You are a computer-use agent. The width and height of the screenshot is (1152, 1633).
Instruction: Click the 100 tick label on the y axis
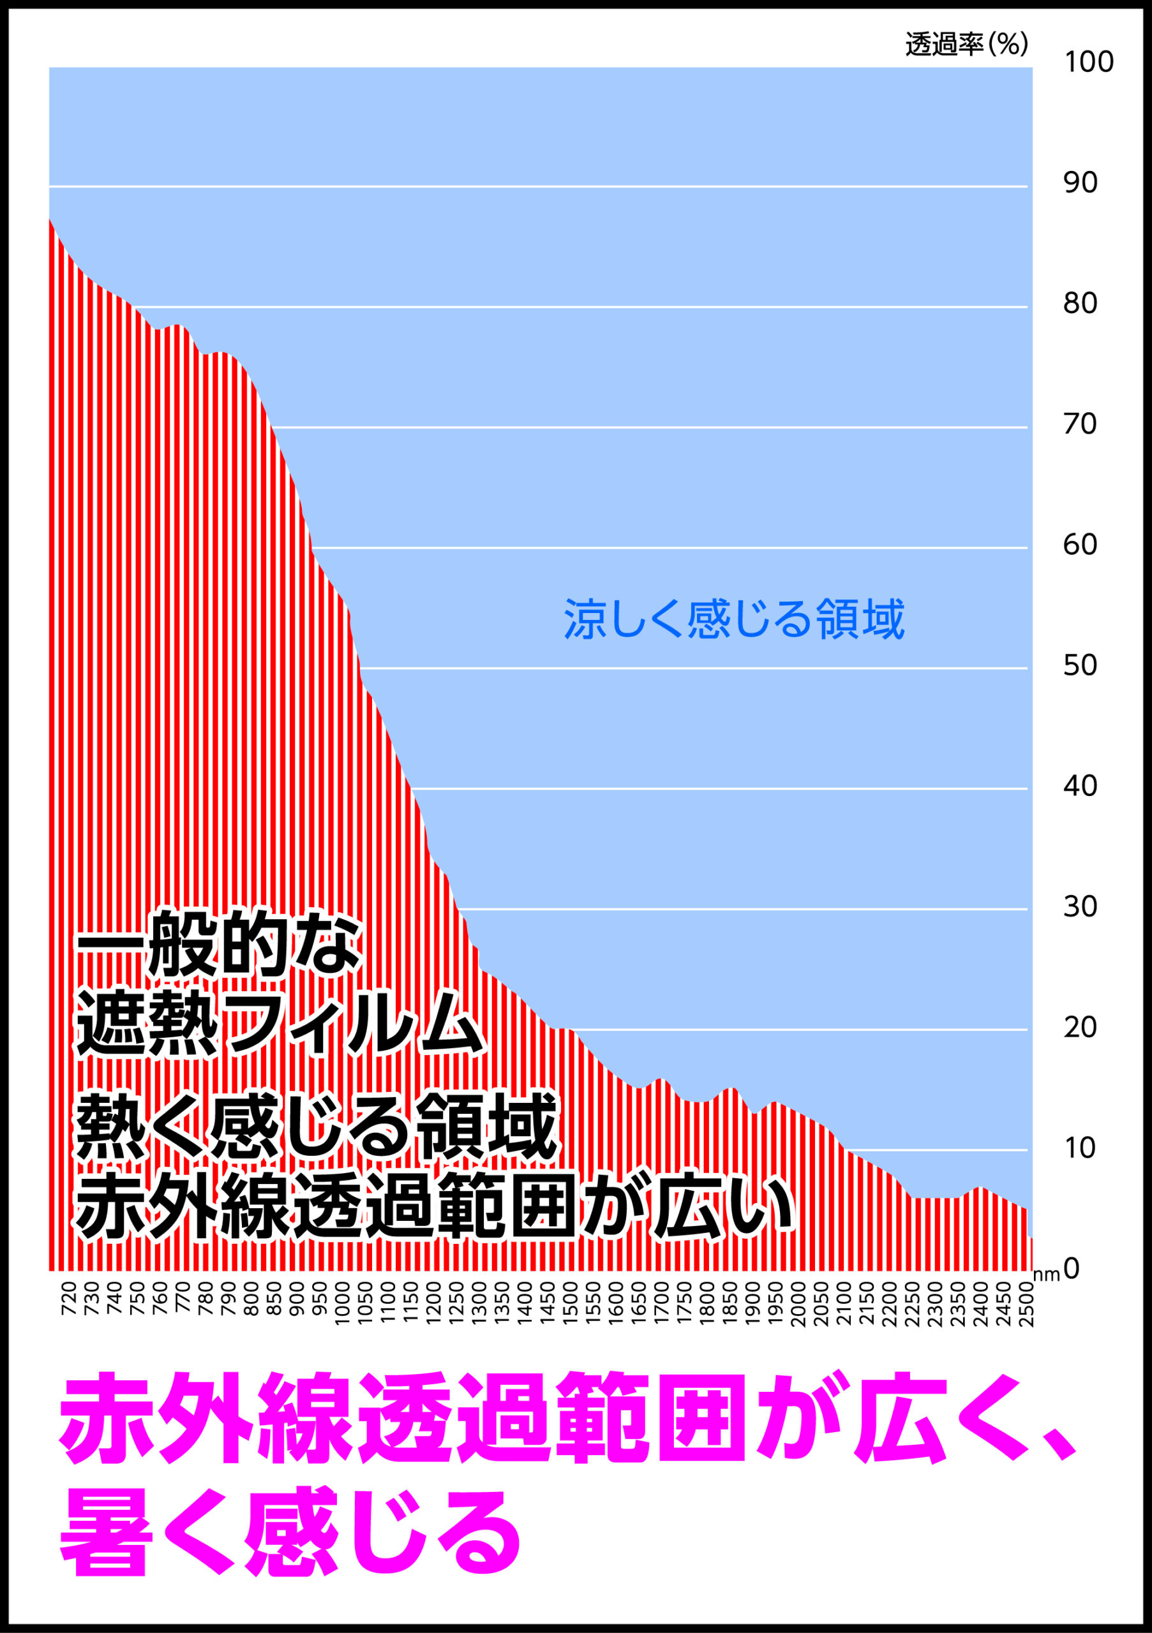[1088, 63]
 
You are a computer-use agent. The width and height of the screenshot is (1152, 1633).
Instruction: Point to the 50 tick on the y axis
[1080, 665]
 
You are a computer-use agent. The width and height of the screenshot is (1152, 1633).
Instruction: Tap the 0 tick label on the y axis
[1072, 1267]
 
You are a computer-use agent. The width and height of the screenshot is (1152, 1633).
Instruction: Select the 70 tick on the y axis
[1080, 424]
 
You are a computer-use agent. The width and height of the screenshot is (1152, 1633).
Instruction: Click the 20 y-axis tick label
[1080, 1027]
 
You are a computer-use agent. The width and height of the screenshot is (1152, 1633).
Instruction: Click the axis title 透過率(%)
[966, 45]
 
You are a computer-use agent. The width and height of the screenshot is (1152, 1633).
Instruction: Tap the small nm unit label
[1046, 1275]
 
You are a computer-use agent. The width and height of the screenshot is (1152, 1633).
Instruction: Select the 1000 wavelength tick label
[342, 1303]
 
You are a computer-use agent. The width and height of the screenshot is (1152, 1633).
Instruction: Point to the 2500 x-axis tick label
[1026, 1303]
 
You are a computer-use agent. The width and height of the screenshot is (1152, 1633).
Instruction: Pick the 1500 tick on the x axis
[570, 1303]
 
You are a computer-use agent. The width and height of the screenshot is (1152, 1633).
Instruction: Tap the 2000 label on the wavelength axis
[798, 1303]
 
